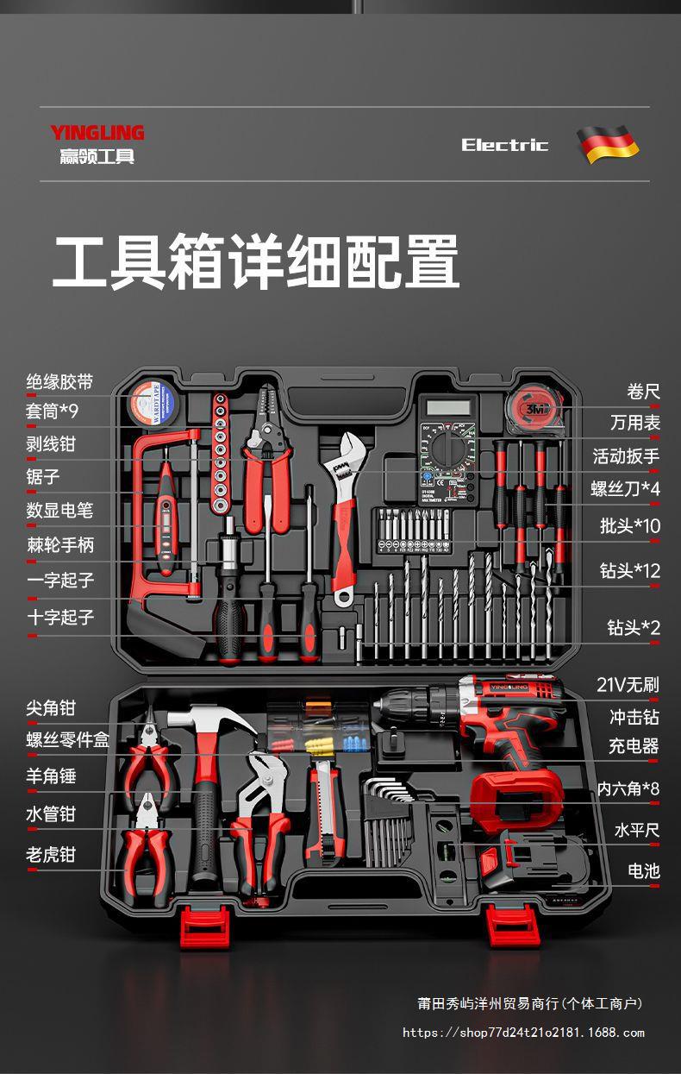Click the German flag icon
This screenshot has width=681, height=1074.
[x=608, y=144]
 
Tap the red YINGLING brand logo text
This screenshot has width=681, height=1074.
[x=97, y=133]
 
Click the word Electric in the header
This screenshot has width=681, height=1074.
[x=504, y=145]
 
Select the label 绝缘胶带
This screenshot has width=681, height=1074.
[x=59, y=382]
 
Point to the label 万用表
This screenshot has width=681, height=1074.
[x=634, y=423]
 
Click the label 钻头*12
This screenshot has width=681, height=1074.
[x=629, y=570]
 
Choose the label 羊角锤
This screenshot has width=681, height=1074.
[x=51, y=776]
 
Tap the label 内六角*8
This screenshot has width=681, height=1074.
[x=628, y=788]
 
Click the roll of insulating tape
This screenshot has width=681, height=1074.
[x=153, y=403]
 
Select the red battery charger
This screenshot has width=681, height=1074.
[x=517, y=797]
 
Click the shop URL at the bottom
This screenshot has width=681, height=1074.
[x=523, y=1033]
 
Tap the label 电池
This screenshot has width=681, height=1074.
[x=643, y=871]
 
